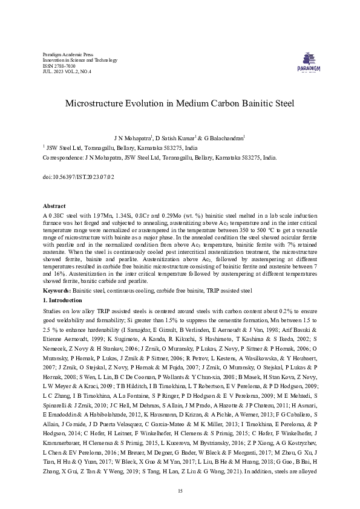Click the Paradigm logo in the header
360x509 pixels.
[309, 60]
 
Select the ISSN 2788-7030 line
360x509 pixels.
[56, 66]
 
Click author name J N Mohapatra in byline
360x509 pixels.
[131, 138]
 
